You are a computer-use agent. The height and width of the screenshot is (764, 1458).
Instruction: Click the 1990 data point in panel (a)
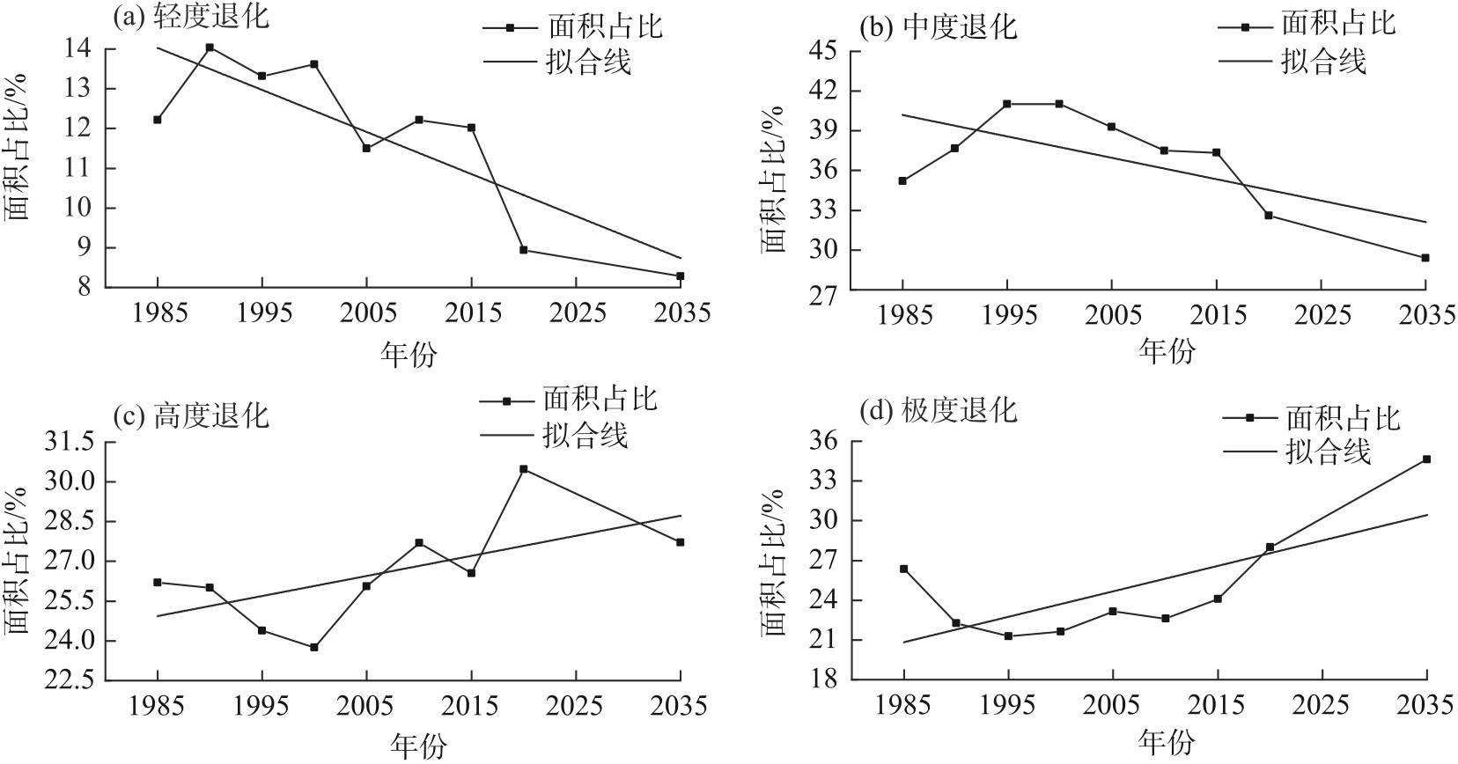click(210, 48)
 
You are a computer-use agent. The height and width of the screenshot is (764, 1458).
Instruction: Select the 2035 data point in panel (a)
click(681, 276)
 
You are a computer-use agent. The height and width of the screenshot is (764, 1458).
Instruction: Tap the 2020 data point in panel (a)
click(524, 250)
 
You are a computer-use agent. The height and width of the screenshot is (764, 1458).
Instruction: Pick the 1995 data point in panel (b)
click(1007, 104)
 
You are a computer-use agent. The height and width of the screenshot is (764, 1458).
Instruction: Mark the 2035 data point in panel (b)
click(1425, 258)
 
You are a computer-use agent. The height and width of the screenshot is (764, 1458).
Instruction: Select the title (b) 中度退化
click(938, 26)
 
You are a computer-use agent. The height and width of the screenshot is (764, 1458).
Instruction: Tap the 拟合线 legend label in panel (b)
click(1322, 61)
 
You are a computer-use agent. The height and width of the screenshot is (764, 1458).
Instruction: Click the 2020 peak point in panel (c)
click(524, 469)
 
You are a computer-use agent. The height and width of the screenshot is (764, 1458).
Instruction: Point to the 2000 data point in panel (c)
click(314, 647)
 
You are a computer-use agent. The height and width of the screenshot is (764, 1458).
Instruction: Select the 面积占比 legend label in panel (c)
click(600, 400)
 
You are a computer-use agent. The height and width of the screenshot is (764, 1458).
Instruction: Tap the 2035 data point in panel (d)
click(1426, 459)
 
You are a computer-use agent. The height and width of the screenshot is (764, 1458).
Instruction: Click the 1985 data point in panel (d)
click(903, 569)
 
